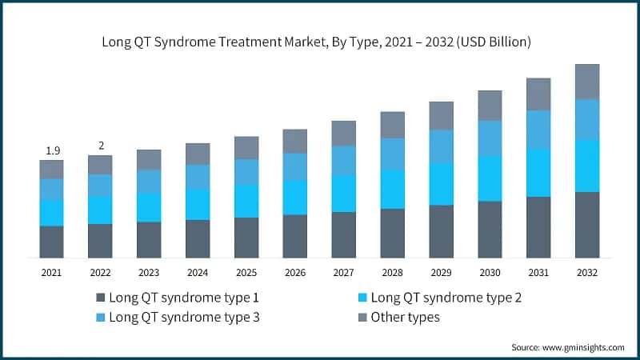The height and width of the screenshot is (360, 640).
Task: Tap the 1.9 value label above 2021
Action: [x=51, y=150]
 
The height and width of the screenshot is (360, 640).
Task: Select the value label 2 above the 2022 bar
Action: [x=100, y=146]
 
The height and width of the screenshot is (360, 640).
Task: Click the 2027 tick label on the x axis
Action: [x=343, y=273]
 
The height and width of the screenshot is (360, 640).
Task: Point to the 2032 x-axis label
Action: [x=587, y=273]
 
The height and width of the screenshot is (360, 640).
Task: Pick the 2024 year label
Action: [x=198, y=273]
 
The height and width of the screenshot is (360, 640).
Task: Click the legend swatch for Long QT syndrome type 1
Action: [x=100, y=298]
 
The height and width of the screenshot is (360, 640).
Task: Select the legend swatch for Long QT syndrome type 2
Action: [x=363, y=298]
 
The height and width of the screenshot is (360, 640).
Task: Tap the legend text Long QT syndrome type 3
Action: [x=184, y=318]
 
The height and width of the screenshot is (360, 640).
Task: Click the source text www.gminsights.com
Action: [x=567, y=347]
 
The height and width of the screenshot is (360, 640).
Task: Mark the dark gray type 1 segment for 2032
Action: [x=587, y=225]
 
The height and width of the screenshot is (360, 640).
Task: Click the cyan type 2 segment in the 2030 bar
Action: [x=490, y=178]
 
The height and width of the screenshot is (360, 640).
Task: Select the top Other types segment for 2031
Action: [x=538, y=94]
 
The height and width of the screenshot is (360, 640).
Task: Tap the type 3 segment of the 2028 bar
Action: [x=392, y=154]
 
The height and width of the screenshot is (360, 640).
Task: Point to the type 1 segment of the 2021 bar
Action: [x=51, y=242]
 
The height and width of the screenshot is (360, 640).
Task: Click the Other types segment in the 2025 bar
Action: [x=246, y=148]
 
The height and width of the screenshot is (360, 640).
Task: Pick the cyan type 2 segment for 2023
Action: [x=149, y=207]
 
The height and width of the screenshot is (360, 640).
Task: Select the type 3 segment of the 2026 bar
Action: [x=295, y=166]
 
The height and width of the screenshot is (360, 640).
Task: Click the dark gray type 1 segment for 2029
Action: [x=441, y=231]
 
